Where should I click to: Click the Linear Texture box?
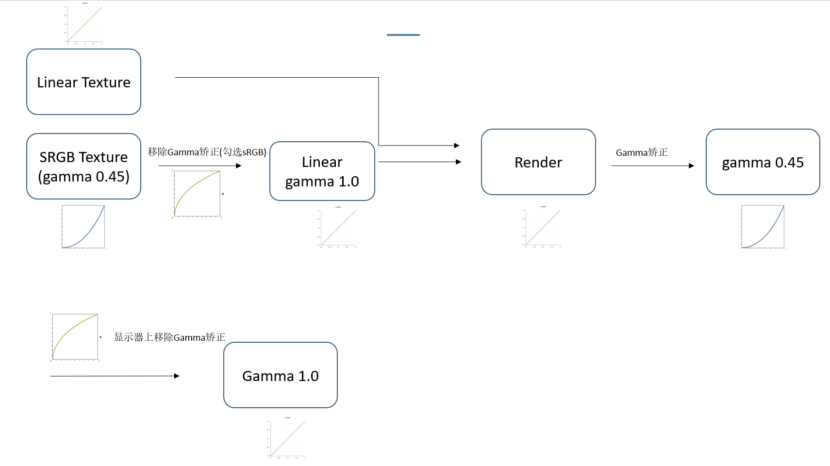pos(83,82)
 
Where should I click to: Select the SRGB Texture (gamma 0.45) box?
pos(83,166)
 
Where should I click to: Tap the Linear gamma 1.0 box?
pos(322,171)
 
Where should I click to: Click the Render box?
pos(538,162)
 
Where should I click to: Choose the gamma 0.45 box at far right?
pos(763,162)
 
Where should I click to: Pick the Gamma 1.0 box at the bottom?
pos(280,375)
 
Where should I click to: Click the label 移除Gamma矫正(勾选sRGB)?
pos(207,152)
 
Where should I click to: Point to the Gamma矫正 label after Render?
pos(642,152)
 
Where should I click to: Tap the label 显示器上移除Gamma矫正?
pos(169,337)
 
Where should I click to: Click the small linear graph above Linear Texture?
pos(84,24)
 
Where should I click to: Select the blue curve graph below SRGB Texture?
pos(83,227)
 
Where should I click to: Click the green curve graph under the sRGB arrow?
pos(197,193)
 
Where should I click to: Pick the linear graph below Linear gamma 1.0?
pos(337,227)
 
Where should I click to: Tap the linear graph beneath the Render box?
pos(542,227)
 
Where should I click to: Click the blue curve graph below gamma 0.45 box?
pos(763,227)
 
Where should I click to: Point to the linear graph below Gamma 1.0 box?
pos(287,438)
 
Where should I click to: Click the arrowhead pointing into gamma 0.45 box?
pos(692,166)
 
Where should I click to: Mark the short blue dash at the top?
pos(403,35)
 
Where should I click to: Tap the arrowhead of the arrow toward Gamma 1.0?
pos(177,376)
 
